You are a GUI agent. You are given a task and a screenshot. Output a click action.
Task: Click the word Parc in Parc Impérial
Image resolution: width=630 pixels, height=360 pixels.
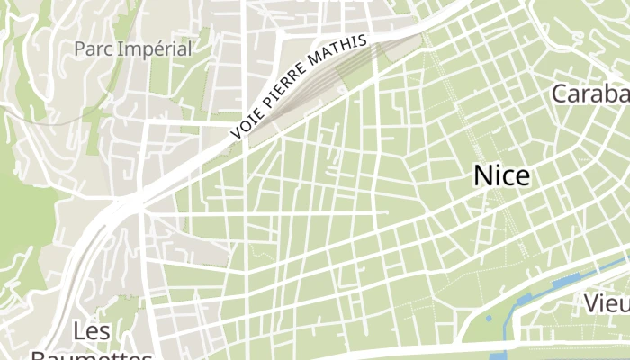(93, 49)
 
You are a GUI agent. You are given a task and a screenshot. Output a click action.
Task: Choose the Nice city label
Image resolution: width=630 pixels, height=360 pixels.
(501, 175)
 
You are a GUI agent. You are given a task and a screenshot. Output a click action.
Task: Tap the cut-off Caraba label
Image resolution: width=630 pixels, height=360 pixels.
(589, 94)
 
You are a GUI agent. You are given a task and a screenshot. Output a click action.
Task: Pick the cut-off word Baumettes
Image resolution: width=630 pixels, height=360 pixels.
(91, 355)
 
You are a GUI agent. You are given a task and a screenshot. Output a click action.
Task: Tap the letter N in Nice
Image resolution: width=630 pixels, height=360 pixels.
(483, 175)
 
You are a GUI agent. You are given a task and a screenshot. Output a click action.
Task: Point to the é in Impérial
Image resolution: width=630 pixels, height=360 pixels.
(155, 49)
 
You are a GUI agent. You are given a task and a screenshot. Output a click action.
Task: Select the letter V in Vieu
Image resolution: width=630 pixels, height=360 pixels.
(591, 303)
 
